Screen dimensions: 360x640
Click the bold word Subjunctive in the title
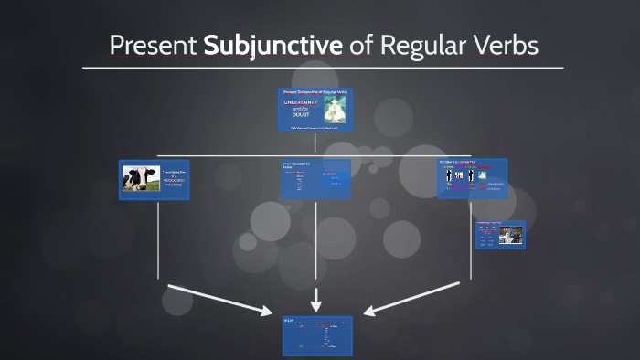coord(273,45)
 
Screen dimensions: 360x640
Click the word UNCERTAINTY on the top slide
coord(301,102)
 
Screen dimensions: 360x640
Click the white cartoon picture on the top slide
coord(335,109)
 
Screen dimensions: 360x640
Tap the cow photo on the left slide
coord(141,178)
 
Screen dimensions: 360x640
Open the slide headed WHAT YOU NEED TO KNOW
coord(315,179)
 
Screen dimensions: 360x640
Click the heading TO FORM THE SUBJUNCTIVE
coord(458,162)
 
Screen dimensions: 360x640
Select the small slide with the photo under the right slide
coord(499,234)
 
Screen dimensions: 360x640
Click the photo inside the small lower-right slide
coord(510,235)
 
